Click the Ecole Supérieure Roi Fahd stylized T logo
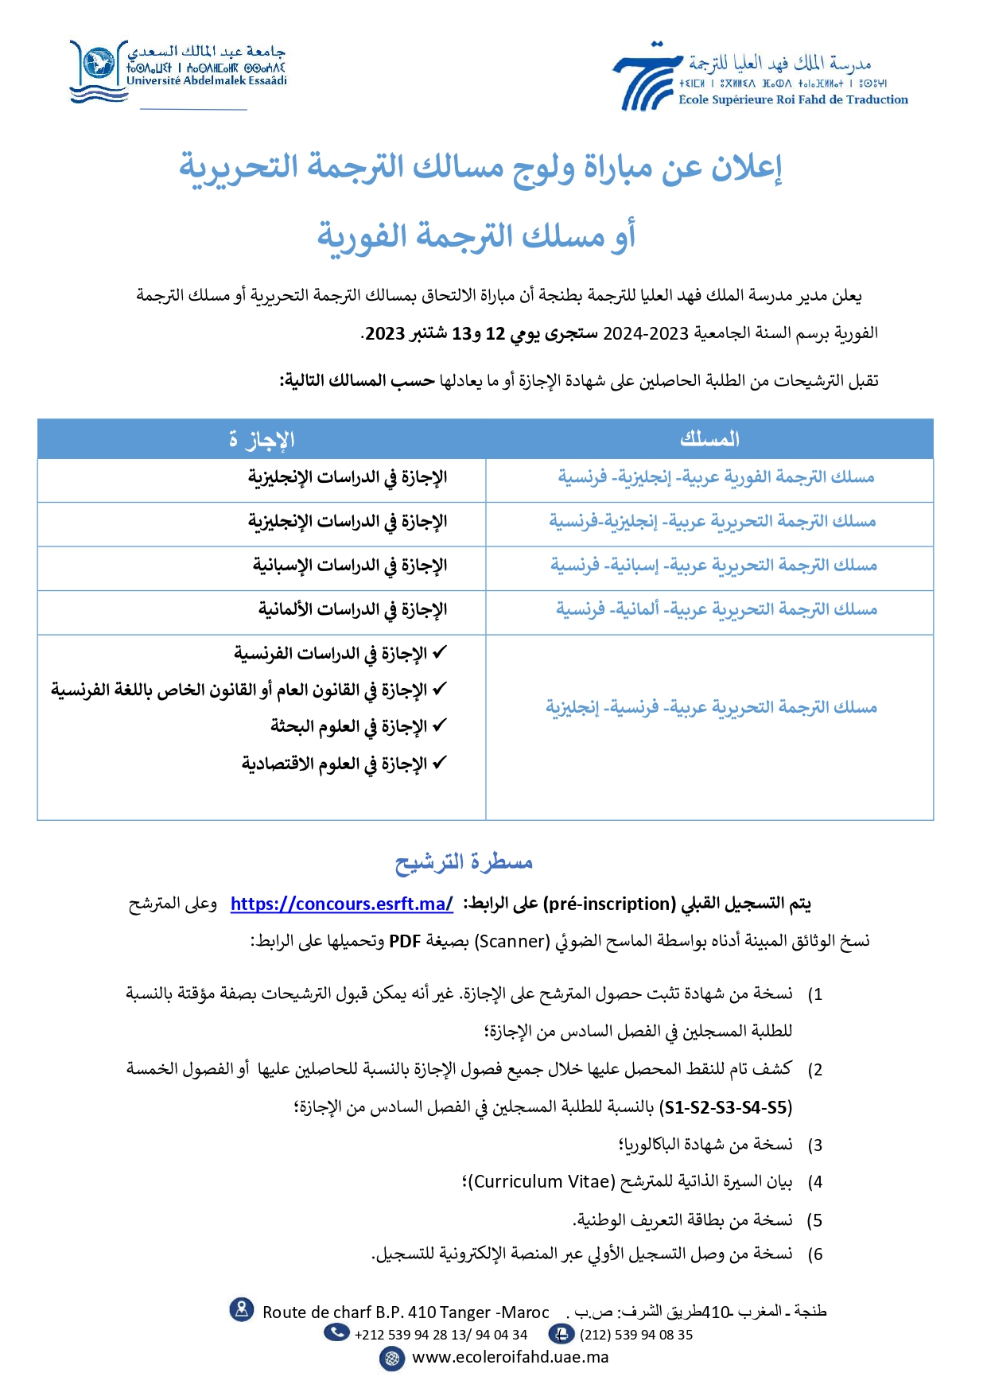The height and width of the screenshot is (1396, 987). [647, 77]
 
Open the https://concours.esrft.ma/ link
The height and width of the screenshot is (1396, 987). [342, 904]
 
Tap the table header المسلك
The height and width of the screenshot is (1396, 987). [709, 439]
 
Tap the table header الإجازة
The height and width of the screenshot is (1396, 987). [262, 439]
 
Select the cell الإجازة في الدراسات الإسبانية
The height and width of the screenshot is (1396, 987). [350, 566]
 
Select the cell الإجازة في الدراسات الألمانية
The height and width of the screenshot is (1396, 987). [352, 609]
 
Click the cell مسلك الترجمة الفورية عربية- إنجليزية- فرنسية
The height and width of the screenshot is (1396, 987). [716, 477]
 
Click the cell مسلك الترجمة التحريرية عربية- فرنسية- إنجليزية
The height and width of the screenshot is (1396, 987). [711, 707]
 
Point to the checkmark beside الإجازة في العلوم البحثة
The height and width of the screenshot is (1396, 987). [439, 725]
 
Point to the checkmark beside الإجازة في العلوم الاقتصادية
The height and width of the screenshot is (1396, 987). [439, 763]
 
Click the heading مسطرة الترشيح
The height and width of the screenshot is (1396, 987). [464, 861]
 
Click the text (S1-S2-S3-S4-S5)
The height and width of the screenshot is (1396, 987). [726, 1107]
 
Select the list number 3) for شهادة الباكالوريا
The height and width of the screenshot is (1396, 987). [814, 1145]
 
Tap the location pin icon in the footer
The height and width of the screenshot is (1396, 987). [241, 1309]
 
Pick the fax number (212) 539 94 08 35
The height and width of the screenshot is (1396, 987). [635, 1335]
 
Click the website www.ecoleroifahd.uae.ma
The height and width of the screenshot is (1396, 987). [510, 1358]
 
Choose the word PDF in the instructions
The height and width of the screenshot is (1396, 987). [404, 942]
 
